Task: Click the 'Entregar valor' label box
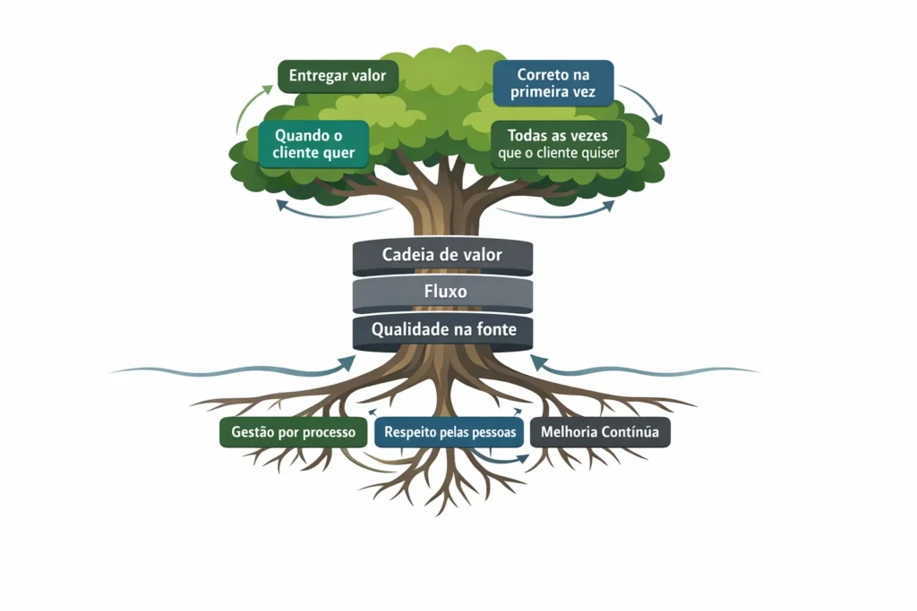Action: click(332, 76)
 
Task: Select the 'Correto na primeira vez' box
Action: click(553, 83)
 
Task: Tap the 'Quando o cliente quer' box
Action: click(313, 144)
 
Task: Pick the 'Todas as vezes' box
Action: click(558, 144)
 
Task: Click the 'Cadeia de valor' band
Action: click(442, 256)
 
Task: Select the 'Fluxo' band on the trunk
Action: click(442, 293)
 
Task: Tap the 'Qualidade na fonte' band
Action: click(442, 330)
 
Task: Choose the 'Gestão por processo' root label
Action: click(294, 432)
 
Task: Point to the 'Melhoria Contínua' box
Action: click(600, 432)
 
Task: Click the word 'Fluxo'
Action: click(442, 293)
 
